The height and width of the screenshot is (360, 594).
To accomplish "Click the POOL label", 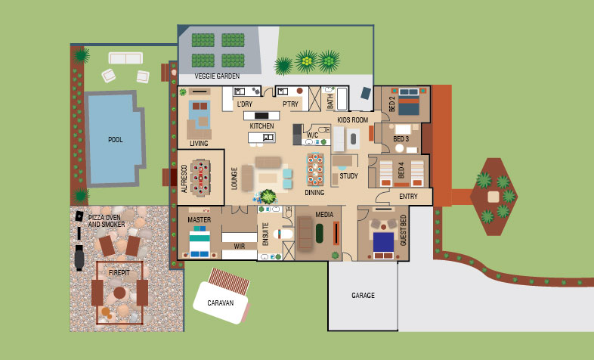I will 115,139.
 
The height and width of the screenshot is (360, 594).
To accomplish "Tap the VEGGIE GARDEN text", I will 217,76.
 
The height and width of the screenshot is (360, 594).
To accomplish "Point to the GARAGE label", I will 363,295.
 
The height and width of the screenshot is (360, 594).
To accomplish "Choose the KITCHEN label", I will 261,126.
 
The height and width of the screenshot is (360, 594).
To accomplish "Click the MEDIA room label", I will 324,215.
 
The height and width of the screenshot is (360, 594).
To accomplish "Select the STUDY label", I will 348,176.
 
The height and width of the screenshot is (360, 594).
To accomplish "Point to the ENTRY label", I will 408,197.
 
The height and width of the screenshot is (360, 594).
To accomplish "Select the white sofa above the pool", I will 125,57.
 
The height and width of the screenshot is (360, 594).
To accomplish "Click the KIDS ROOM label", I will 352,120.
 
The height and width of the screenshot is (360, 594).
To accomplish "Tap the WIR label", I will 240,246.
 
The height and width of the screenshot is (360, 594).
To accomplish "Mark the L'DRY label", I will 244,104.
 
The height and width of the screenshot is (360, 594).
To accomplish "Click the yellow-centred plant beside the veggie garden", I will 307,60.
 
